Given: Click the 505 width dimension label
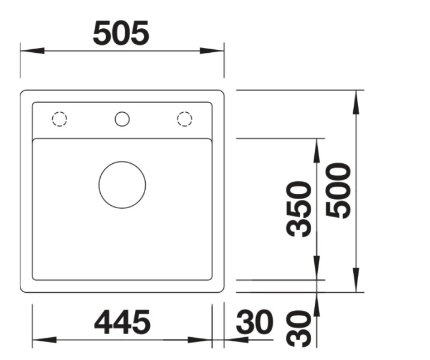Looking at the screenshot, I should point(121,34).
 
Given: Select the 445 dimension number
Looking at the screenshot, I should point(122,323).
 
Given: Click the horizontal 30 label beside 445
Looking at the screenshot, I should point(254,323).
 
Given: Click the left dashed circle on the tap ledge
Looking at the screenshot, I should point(59,119).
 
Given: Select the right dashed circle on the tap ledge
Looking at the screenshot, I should point(185,119).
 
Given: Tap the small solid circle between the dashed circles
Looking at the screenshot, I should point(122,119).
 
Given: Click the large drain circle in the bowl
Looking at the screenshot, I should point(122,185).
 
